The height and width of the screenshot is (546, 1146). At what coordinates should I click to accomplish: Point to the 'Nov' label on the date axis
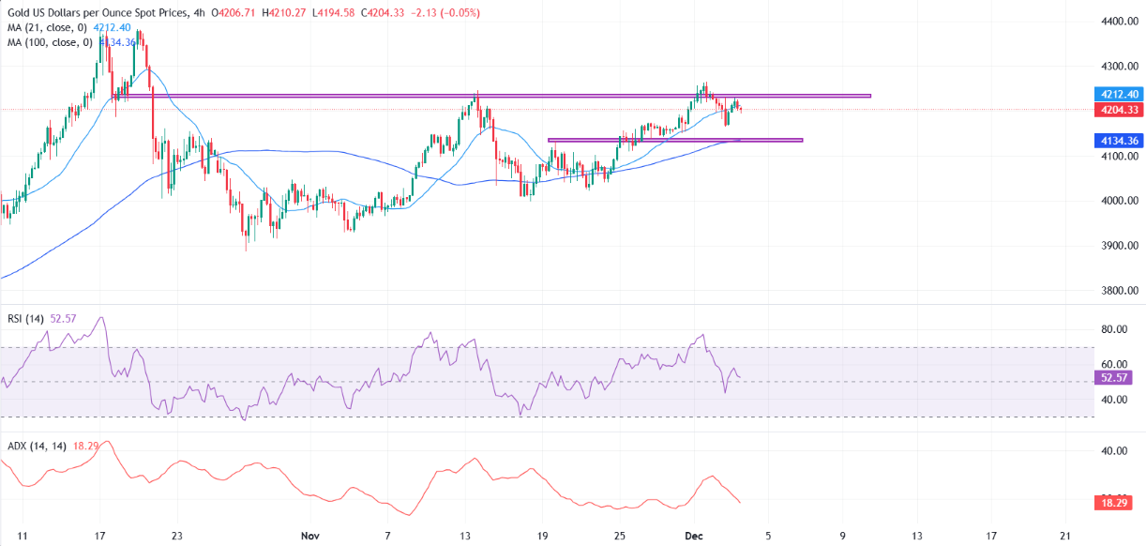click(x=310, y=535)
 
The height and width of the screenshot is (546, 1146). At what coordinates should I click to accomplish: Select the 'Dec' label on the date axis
click(x=695, y=535)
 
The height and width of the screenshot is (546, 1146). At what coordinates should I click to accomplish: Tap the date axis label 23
click(x=176, y=535)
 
